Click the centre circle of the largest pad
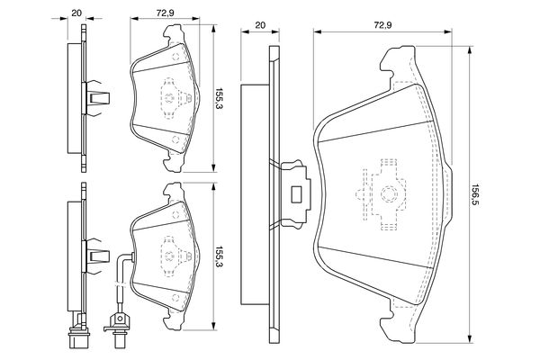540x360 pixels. pyautogui.click(x=387, y=193)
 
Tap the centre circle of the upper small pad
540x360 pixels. pyautogui.click(x=169, y=99)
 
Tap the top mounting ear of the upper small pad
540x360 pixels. pyautogui.click(x=172, y=38)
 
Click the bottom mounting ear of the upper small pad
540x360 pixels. pyautogui.click(x=172, y=162)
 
